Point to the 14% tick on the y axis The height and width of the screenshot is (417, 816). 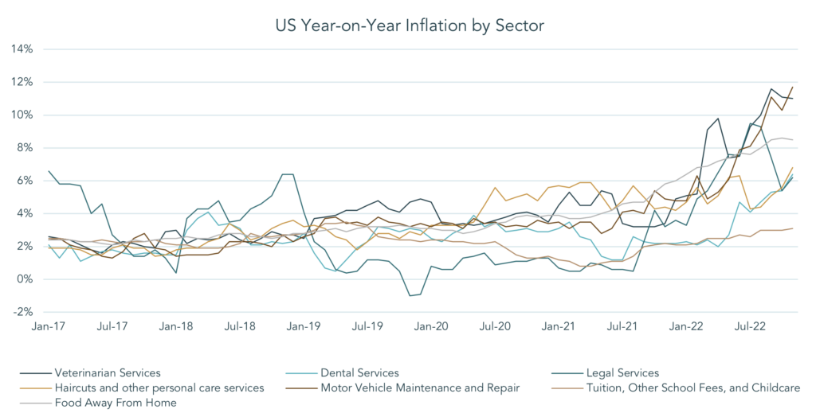point(22,49)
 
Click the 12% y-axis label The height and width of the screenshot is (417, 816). point(22,82)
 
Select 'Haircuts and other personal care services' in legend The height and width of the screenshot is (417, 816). point(158,388)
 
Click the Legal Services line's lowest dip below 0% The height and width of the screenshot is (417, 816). point(410,296)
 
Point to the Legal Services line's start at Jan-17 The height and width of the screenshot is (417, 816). point(49,171)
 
